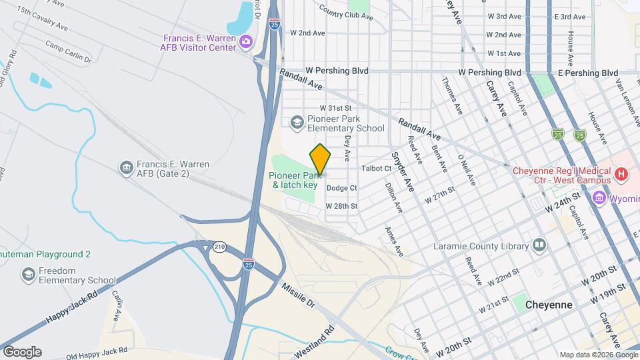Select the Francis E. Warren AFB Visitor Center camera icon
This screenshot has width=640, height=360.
(x=246, y=43)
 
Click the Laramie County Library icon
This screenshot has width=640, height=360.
(x=539, y=246)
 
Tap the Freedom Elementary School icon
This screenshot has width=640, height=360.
(x=29, y=275)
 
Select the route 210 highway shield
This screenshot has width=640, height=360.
(x=219, y=247)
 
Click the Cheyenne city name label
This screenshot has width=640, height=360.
(x=549, y=304)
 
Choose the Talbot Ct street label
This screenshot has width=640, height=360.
(x=377, y=169)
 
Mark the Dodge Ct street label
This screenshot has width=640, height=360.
(x=342, y=188)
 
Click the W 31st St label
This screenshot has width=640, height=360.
(x=335, y=107)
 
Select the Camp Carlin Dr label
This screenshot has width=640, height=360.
(x=68, y=51)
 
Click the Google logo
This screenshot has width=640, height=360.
(x=22, y=351)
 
